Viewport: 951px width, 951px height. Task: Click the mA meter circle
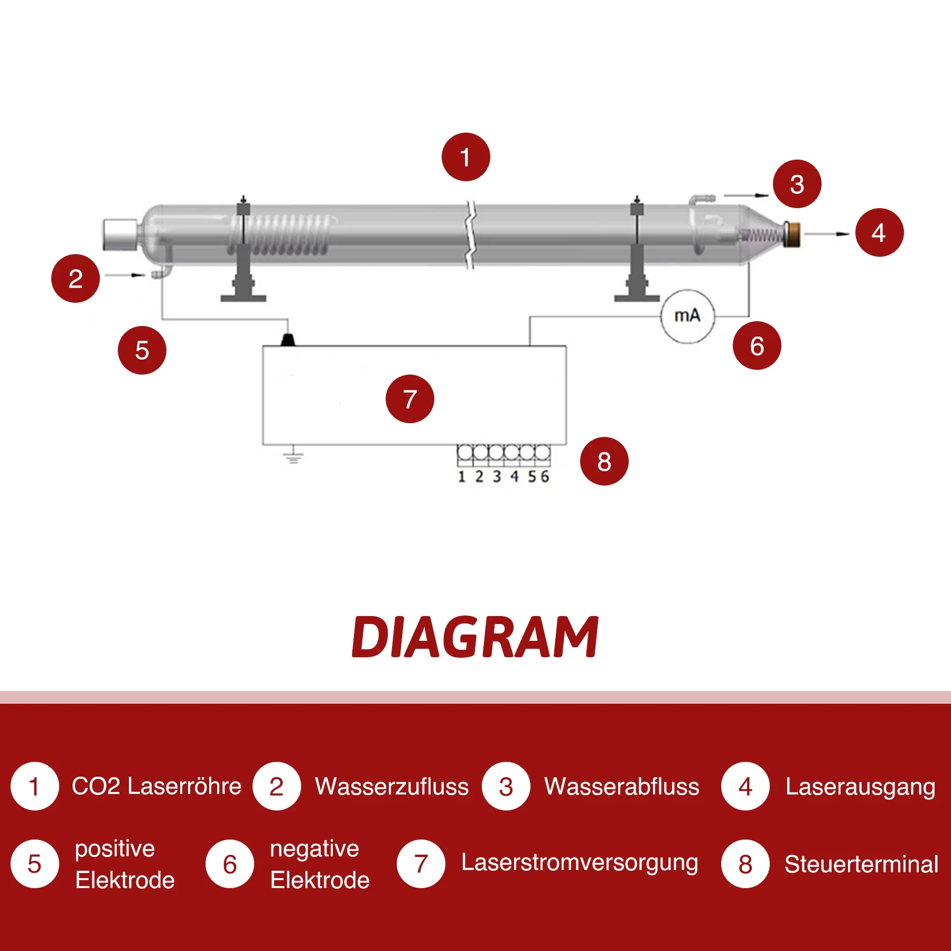pyautogui.click(x=687, y=316)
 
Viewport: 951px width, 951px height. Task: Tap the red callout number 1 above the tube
pyautogui.click(x=465, y=157)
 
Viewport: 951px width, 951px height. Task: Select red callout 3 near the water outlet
pyautogui.click(x=797, y=184)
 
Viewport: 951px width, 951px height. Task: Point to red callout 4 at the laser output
pyautogui.click(x=879, y=232)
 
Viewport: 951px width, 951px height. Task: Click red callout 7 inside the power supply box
pyautogui.click(x=409, y=399)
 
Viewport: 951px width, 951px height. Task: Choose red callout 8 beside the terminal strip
pyautogui.click(x=604, y=461)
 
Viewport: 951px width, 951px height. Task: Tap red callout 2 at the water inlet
pyautogui.click(x=76, y=278)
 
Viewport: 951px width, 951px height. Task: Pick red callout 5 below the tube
pyautogui.click(x=142, y=350)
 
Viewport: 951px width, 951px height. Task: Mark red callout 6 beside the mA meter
pyautogui.click(x=757, y=346)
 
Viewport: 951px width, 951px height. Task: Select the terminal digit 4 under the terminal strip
pyautogui.click(x=514, y=477)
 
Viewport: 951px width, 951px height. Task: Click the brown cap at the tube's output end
pyautogui.click(x=793, y=234)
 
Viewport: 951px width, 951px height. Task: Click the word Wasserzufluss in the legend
pyautogui.click(x=391, y=787)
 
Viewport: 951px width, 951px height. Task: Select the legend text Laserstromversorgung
pyautogui.click(x=580, y=862)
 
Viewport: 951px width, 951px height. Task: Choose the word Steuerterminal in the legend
pyautogui.click(x=861, y=864)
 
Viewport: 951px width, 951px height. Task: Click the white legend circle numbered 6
pyautogui.click(x=230, y=864)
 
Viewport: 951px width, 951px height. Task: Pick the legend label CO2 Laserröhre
pyautogui.click(x=156, y=786)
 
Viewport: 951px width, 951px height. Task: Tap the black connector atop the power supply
pyautogui.click(x=287, y=339)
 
